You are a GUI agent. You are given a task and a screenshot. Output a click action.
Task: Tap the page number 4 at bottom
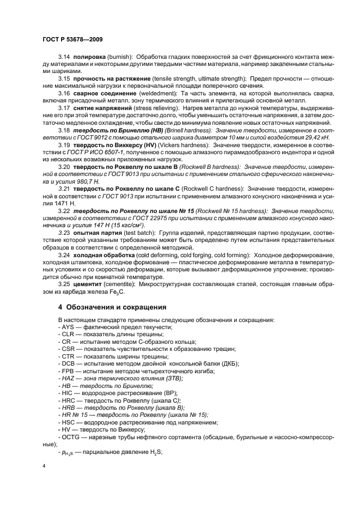pyautogui.click(x=45, y=467)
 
